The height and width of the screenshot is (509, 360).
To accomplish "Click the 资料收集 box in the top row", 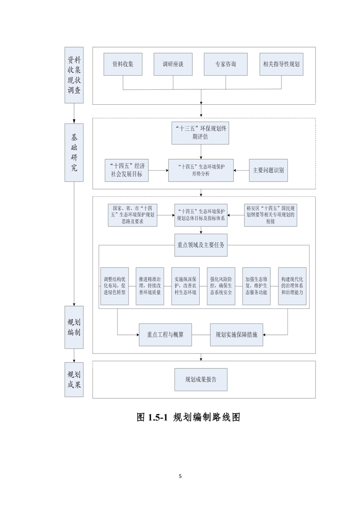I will (x=123, y=64).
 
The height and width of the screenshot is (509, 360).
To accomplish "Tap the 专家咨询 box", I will (x=226, y=64).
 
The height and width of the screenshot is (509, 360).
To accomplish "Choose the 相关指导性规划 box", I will (x=281, y=64).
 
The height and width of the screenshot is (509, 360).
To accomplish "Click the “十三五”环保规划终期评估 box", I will (x=200, y=132).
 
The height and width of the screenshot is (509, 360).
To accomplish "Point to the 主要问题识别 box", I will (x=268, y=171).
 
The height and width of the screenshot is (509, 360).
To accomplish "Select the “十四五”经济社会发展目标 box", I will (x=127, y=171).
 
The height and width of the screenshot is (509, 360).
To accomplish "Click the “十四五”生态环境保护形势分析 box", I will (x=201, y=171).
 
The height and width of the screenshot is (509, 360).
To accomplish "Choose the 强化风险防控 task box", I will (x=221, y=285).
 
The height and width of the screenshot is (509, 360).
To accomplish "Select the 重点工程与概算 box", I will (x=166, y=335).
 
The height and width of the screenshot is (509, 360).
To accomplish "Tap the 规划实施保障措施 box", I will (x=237, y=335).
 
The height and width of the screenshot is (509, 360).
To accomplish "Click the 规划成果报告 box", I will (x=201, y=380).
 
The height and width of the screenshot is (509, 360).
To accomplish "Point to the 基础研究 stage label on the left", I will (x=74, y=152).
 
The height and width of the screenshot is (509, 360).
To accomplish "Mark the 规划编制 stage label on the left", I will (x=74, y=327).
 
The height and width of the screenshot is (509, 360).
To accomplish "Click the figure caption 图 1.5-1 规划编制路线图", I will (x=187, y=418).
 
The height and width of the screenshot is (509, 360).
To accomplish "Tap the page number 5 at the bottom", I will (x=180, y=476).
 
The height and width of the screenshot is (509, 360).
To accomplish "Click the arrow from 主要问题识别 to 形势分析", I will (x=241, y=171).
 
